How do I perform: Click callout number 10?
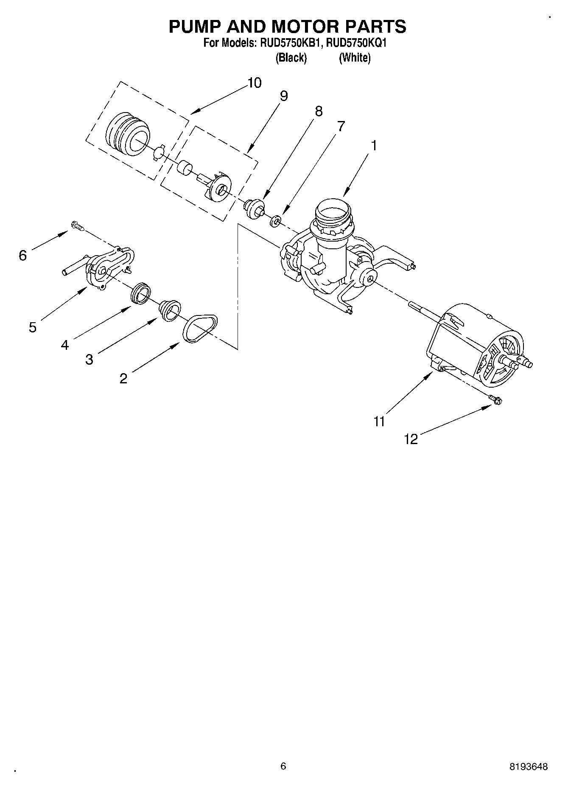click(254, 83)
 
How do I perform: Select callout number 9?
click(284, 96)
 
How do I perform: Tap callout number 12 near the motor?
click(411, 439)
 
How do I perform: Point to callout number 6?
click(23, 255)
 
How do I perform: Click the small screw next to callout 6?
click(77, 226)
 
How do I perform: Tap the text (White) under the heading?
click(354, 58)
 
